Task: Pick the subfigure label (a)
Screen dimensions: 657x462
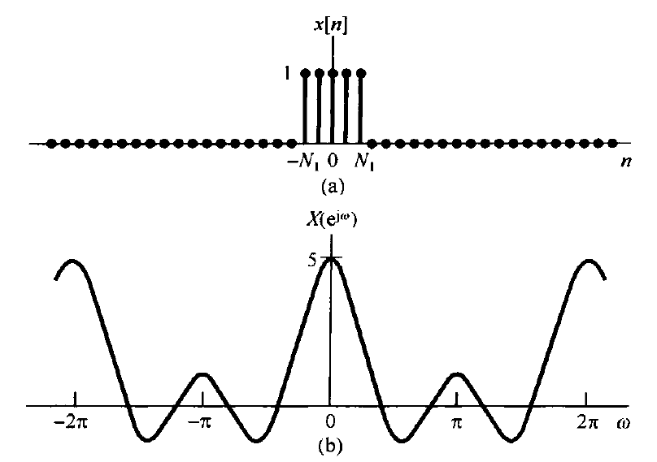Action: click(x=333, y=187)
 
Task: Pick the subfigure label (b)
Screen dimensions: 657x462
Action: click(x=331, y=444)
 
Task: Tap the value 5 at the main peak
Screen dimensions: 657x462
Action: click(x=312, y=261)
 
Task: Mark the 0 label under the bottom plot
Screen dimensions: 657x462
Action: click(x=329, y=424)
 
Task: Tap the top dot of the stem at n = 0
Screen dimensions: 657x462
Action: click(x=333, y=73)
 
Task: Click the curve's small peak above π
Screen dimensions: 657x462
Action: click(x=459, y=373)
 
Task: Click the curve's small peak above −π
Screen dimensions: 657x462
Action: click(x=202, y=373)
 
